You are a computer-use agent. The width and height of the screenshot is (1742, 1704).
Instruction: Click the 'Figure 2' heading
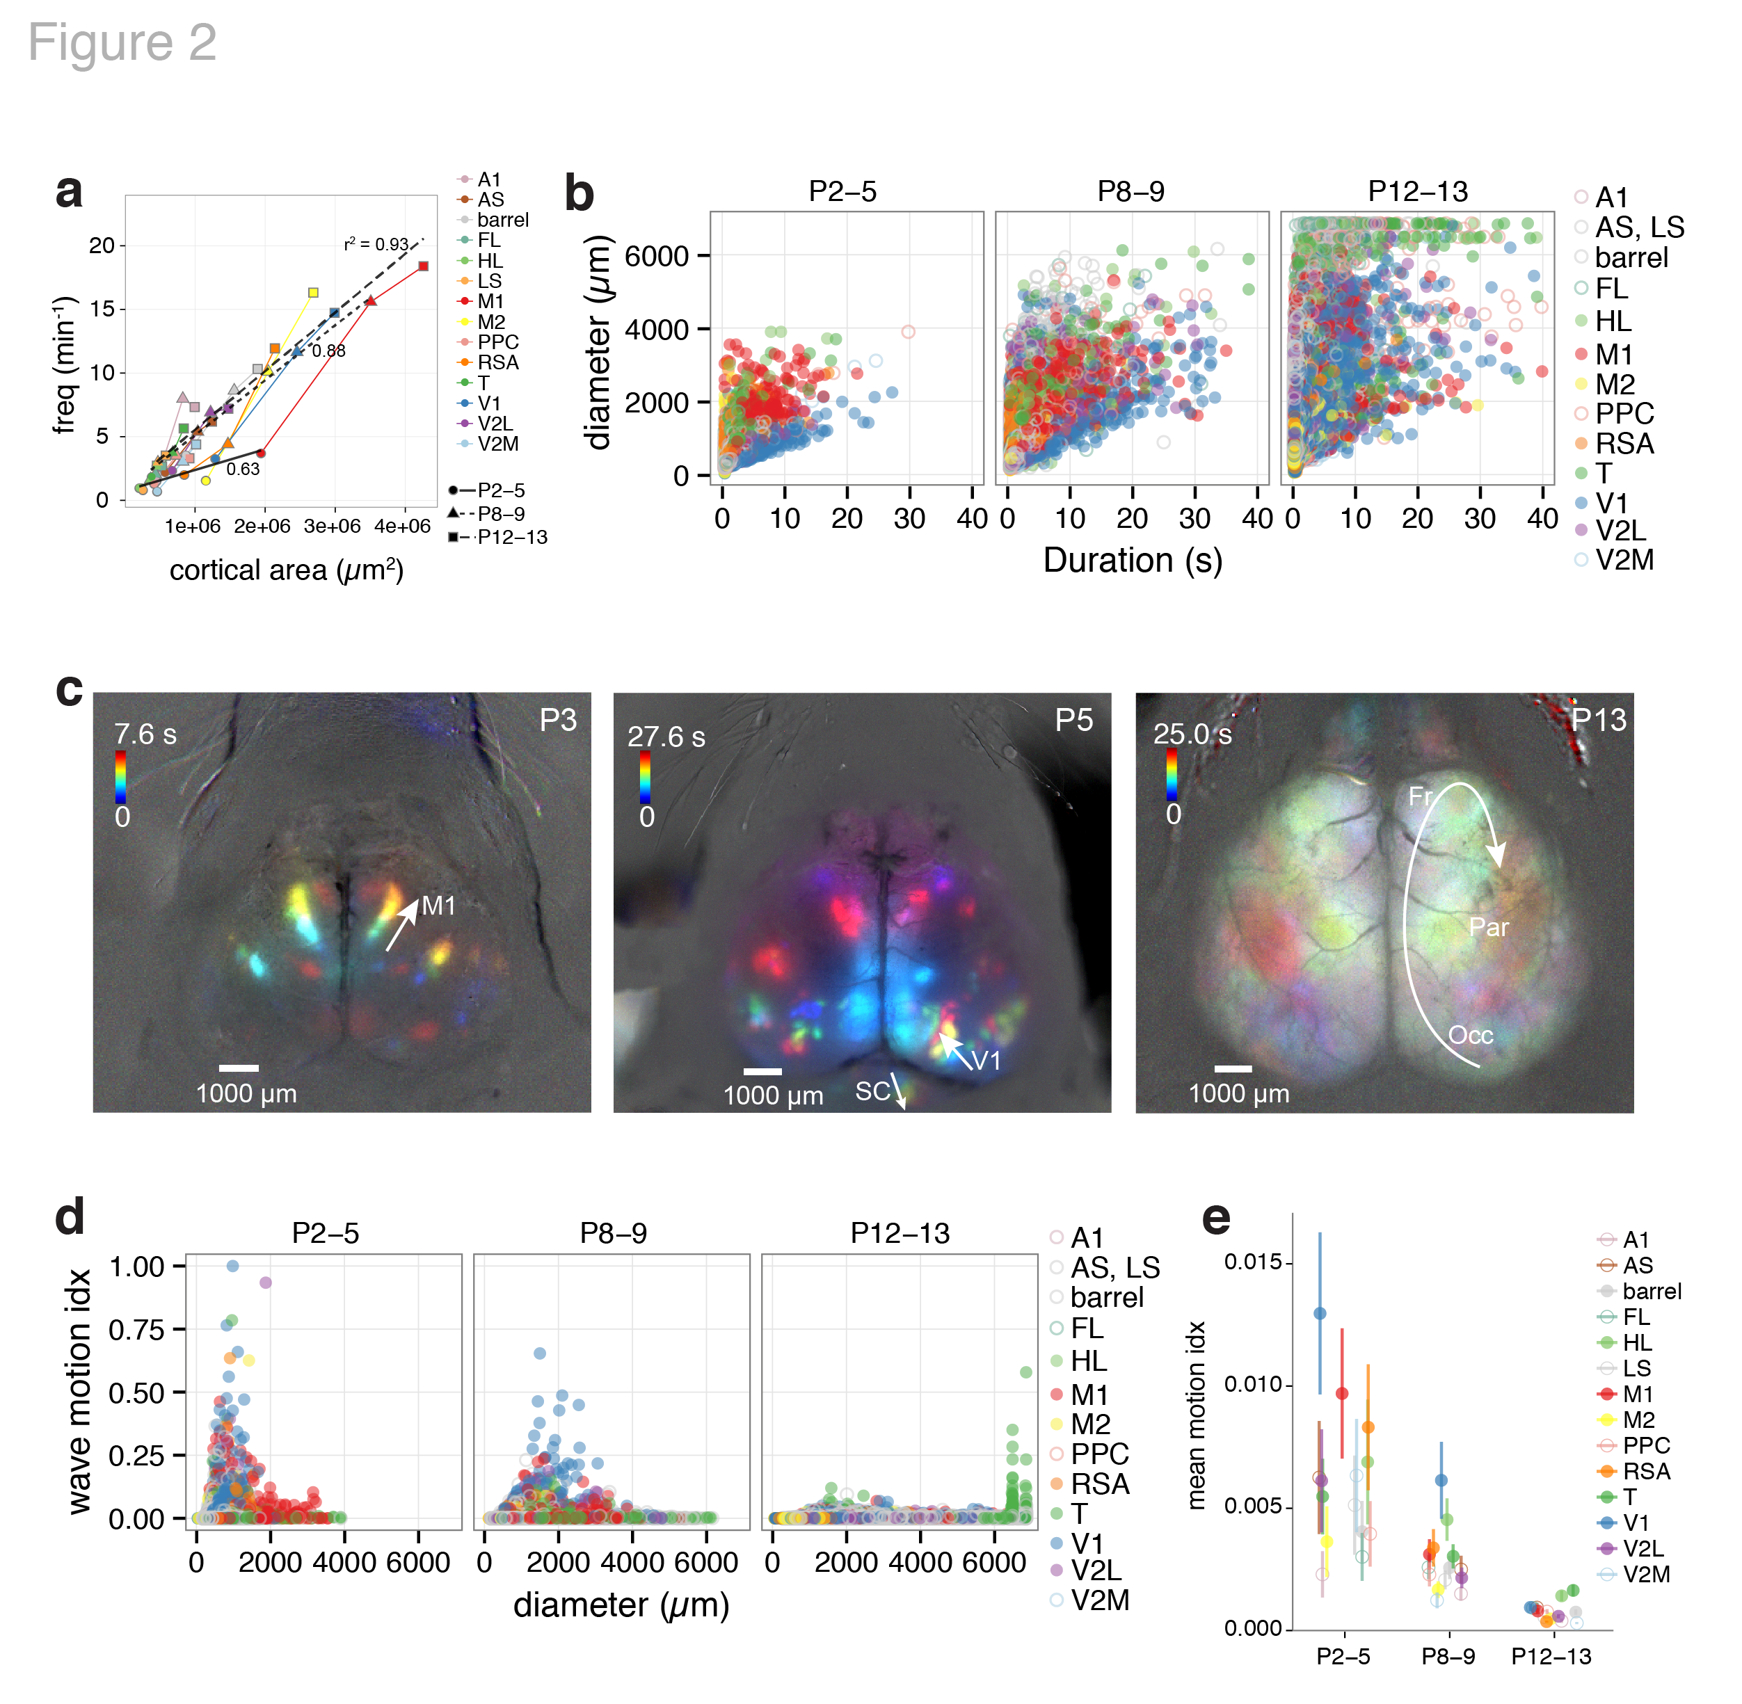pyautogui.click(x=122, y=42)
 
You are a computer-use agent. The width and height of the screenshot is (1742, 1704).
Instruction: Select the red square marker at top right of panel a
pyautogui.click(x=424, y=266)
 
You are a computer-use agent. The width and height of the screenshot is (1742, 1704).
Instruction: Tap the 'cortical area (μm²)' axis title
pyautogui.click(x=287, y=570)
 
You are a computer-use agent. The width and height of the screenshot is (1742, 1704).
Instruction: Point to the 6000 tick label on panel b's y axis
pyautogui.click(x=656, y=256)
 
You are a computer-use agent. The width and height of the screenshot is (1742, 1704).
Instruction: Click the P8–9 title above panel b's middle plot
pyautogui.click(x=1130, y=191)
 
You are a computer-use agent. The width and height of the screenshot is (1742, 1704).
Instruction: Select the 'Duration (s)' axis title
pyautogui.click(x=1133, y=561)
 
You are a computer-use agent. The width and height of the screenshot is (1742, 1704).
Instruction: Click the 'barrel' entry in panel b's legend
pyautogui.click(x=1631, y=258)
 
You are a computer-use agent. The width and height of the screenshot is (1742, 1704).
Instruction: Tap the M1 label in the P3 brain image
pyautogui.click(x=439, y=906)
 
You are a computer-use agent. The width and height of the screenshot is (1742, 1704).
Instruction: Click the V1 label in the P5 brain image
pyautogui.click(x=986, y=1061)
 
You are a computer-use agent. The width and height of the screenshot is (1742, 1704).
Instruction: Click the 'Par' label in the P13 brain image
pyautogui.click(x=1489, y=927)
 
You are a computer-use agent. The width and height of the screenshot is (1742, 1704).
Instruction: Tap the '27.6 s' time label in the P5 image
pyautogui.click(x=666, y=737)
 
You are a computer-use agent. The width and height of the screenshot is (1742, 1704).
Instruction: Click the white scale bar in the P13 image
pyautogui.click(x=1233, y=1068)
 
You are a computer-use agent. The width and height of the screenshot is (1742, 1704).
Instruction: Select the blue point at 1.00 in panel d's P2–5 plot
pyautogui.click(x=233, y=1265)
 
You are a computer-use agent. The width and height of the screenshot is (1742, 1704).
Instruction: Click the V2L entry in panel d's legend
pyautogui.click(x=1096, y=1570)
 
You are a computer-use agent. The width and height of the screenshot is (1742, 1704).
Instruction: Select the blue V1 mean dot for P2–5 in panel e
pyautogui.click(x=1320, y=1313)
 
